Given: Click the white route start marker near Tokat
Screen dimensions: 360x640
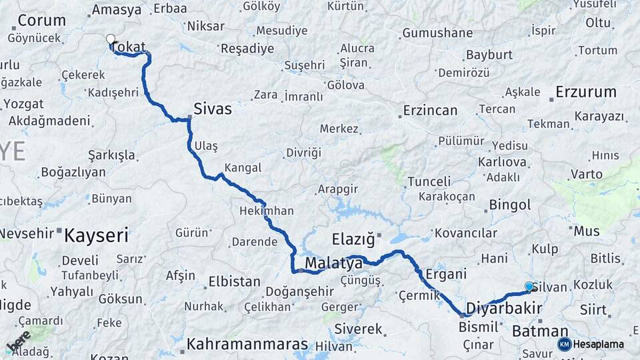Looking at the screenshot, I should (111, 39).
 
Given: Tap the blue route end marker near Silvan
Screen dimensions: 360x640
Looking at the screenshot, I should (529, 286).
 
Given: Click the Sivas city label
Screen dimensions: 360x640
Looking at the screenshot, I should (213, 109).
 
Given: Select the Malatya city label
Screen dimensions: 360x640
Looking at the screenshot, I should (333, 264).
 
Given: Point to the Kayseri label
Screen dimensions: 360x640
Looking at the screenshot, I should (97, 235).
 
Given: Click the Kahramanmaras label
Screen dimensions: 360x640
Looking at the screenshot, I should (247, 344).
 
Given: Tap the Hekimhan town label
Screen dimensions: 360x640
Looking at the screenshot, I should (267, 211).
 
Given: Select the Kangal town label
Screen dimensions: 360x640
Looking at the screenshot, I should (243, 167).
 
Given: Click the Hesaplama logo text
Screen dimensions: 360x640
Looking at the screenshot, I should (599, 345).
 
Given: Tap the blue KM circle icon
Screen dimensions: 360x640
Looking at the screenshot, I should (564, 344).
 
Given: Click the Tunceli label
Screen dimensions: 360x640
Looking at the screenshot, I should (429, 181).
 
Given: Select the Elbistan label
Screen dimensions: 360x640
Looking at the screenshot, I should (235, 281).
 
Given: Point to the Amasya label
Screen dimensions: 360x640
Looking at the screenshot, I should (117, 10).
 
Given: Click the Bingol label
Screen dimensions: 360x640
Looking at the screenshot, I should (510, 205).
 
